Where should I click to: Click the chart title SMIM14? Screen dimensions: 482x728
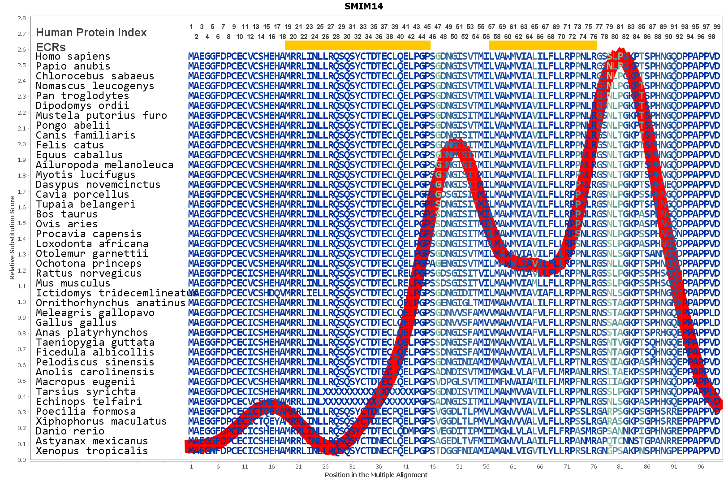364,6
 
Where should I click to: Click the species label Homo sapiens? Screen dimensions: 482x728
73,56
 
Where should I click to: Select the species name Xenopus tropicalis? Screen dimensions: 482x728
92,451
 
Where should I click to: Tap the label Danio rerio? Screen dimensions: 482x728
70,431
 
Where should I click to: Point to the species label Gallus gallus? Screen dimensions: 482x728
76,323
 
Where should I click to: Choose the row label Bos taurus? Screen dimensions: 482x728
67,214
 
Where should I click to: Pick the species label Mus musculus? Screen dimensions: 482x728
73,283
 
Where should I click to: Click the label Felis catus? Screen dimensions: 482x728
70,145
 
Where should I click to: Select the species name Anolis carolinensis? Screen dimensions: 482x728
95,372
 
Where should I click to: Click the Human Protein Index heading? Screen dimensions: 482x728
91,33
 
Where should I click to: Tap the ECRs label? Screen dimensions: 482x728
51,47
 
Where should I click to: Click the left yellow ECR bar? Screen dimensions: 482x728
358,45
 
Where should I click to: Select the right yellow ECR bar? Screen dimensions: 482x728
543,45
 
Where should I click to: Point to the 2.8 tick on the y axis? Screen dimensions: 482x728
22,18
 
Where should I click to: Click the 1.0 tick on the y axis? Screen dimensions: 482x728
22,302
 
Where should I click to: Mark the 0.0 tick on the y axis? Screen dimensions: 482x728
22,460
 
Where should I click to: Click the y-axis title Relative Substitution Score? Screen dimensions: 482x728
12,238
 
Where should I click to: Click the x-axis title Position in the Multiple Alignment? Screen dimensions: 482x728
376,475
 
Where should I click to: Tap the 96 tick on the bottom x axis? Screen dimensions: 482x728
701,467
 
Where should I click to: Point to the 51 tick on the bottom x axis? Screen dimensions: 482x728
459,467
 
